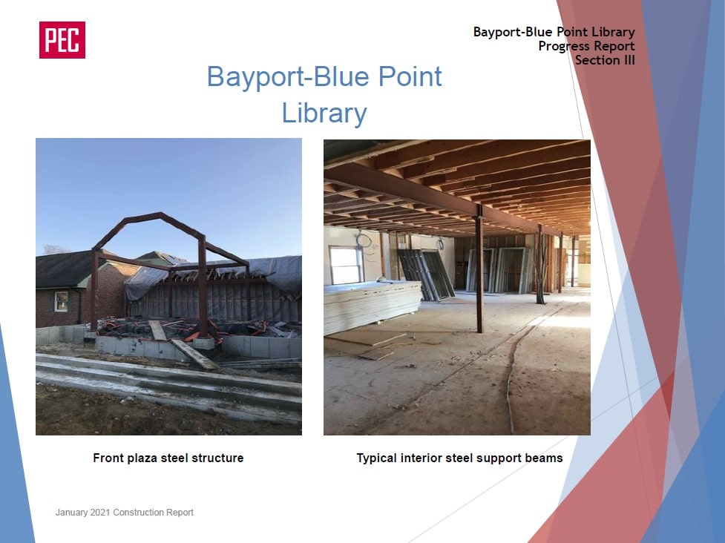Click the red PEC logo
pos(62,40)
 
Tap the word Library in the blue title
pos(324,113)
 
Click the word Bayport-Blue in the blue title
pos(287,76)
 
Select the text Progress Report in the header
pos(586,46)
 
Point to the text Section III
pos(605,60)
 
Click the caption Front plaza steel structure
pos(168,458)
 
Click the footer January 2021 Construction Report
pos(125,512)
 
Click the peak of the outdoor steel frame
pos(161,214)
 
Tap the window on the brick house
pos(61,302)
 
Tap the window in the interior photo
pos(345,265)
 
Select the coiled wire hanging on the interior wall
pos(364,241)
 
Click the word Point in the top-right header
pos(571,32)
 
